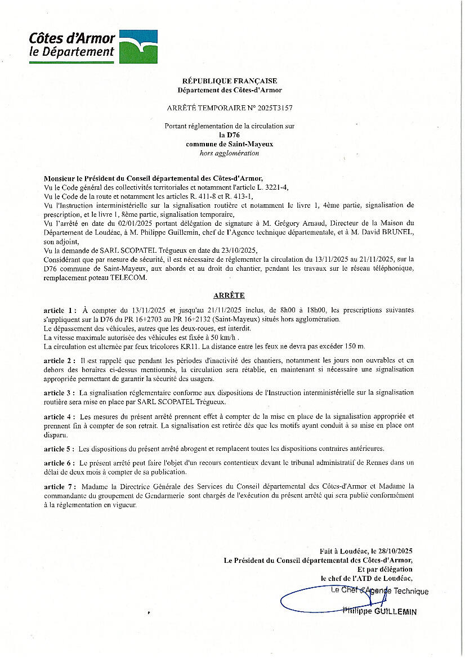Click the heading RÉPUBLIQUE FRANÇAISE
pyautogui.click(x=230, y=81)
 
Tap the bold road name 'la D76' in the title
pyautogui.click(x=229, y=136)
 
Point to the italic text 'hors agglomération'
pyautogui.click(x=229, y=153)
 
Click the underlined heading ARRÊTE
pyautogui.click(x=229, y=296)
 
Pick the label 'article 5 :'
pyautogui.click(x=59, y=449)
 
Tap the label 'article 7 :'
pyautogui.click(x=60, y=486)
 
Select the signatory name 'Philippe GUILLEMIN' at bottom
pyautogui.click(x=381, y=611)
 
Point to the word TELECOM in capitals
pyautogui.click(x=131, y=277)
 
